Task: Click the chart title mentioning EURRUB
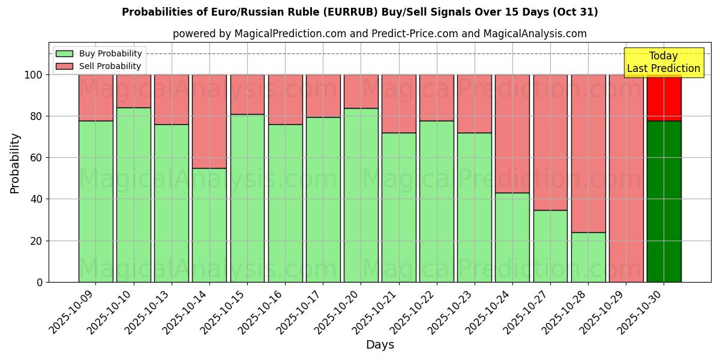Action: pos(359,12)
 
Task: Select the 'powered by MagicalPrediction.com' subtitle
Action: pos(379,34)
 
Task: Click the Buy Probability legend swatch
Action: pos(64,53)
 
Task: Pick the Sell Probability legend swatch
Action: pos(64,66)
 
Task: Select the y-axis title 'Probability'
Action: pos(15,163)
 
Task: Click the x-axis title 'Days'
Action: pos(380,344)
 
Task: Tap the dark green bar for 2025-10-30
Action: pos(664,201)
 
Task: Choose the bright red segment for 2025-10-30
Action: pos(664,97)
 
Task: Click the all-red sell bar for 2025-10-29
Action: pos(626,178)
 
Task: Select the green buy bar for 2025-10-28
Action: pos(588,257)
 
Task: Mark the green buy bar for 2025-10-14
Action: pos(209,225)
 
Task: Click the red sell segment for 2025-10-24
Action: pos(512,133)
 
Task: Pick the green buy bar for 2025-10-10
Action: pos(133,194)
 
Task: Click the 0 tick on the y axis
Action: pos(40,282)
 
